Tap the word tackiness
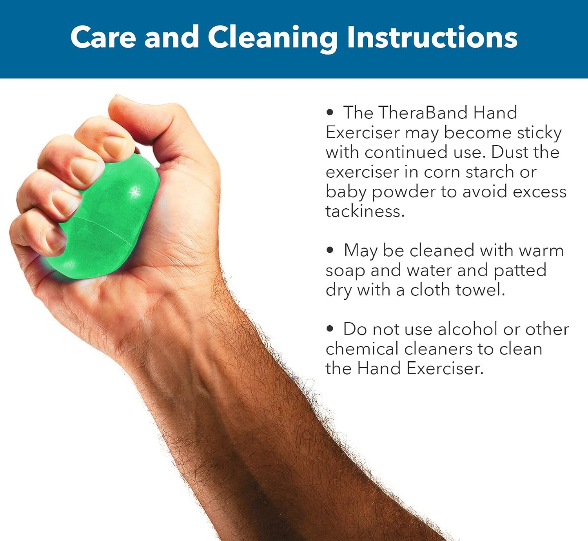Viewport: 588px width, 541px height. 365,211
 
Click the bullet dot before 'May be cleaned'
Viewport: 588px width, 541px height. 330,250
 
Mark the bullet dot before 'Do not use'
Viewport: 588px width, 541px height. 330,329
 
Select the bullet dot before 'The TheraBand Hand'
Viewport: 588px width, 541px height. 330,112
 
